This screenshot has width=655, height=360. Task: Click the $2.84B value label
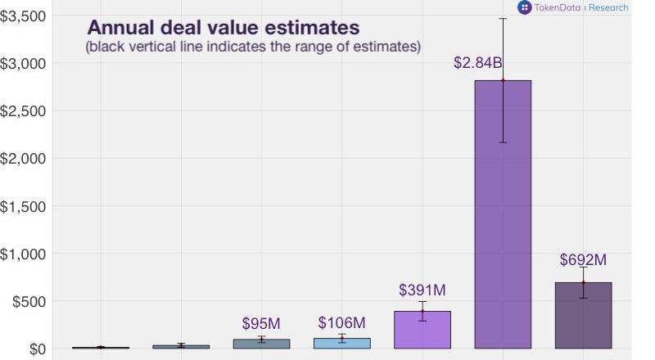(477, 63)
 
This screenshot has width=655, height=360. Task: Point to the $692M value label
(583, 260)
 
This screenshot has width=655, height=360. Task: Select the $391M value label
(422, 290)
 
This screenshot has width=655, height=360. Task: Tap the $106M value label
(342, 322)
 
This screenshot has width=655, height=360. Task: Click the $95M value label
(262, 324)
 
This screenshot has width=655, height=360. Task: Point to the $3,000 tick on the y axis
(24, 63)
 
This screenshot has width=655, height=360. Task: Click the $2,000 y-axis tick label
(24, 158)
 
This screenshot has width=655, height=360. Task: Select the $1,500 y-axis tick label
(24, 206)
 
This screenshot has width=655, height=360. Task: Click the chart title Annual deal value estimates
(223, 29)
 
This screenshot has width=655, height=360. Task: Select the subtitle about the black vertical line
(253, 47)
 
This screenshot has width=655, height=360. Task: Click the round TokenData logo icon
(524, 7)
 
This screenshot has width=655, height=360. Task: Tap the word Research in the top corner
(608, 7)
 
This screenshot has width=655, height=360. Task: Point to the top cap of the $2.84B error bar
(503, 18)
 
